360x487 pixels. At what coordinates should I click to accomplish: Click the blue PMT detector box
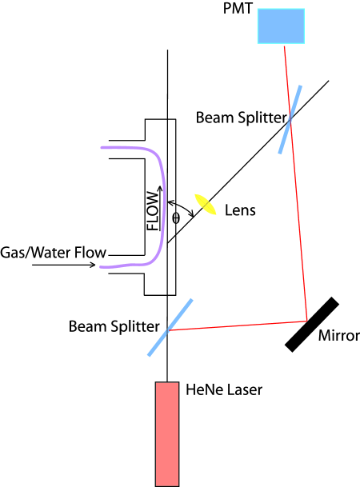(x=281, y=26)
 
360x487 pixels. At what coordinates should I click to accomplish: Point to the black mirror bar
(x=313, y=323)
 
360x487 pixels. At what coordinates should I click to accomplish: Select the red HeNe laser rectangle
(x=166, y=433)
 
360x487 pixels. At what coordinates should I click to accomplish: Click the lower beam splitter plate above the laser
(x=170, y=327)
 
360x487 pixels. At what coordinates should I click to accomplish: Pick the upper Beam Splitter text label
(x=241, y=118)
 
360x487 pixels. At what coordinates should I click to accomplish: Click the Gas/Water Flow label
(x=54, y=253)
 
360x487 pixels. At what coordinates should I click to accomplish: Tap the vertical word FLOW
(x=153, y=214)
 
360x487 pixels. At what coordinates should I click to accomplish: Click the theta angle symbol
(x=176, y=218)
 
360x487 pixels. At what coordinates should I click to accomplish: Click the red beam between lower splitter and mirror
(x=240, y=323)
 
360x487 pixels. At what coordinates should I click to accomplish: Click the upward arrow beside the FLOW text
(x=161, y=208)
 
